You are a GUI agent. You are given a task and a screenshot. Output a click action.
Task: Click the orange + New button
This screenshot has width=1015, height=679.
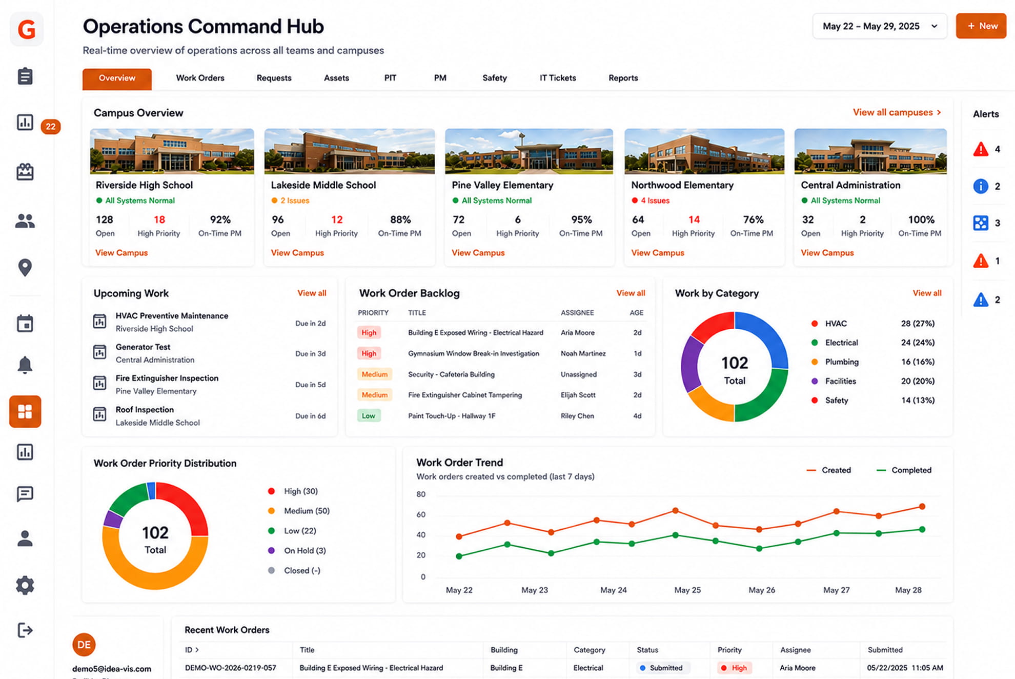(x=981, y=26)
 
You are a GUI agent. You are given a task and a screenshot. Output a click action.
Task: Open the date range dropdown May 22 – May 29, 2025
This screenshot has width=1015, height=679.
(x=880, y=26)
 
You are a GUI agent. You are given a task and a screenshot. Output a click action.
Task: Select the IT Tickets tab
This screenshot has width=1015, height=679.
(x=558, y=78)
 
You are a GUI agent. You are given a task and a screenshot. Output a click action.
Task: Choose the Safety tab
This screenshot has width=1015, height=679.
(x=495, y=78)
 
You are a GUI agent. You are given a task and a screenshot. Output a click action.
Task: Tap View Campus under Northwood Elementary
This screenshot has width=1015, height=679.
(x=658, y=253)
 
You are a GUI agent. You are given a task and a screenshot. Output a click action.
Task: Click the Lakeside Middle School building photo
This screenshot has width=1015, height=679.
(x=349, y=151)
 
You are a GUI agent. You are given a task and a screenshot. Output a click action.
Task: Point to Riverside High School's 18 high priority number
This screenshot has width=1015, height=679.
(x=159, y=219)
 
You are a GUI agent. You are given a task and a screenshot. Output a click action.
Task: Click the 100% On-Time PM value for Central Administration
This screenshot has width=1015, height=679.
(x=921, y=219)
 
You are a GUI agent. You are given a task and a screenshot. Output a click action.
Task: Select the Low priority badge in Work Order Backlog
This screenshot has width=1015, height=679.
(x=369, y=416)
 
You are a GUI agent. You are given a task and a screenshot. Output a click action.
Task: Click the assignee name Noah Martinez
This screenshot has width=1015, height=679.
(x=583, y=353)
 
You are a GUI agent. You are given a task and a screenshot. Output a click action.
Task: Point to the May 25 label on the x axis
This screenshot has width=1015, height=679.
(x=687, y=590)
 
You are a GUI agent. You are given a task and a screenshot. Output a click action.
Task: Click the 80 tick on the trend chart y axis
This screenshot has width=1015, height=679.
(x=421, y=494)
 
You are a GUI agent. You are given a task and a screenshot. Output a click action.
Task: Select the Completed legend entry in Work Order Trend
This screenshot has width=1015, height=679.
(x=904, y=470)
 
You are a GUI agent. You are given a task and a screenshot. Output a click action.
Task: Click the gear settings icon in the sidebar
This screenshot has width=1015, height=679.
(x=25, y=585)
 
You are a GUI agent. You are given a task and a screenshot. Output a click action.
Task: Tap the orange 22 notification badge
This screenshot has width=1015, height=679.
(x=51, y=127)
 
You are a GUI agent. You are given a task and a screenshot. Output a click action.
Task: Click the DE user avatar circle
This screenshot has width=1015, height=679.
(x=84, y=645)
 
